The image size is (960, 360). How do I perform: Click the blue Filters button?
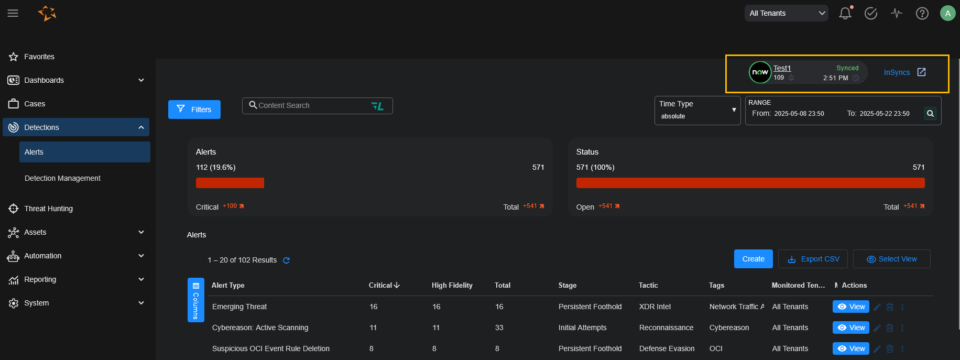click(194, 110)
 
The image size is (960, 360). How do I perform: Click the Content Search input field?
click(312, 105)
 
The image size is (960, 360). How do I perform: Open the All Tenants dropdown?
click(786, 13)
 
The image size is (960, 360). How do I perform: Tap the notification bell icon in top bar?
click(845, 13)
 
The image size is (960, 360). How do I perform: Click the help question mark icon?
click(922, 13)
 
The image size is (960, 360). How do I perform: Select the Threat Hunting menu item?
click(48, 209)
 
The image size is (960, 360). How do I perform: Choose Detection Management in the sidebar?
click(62, 178)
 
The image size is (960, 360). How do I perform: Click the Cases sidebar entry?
click(35, 104)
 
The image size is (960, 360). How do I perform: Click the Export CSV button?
click(814, 259)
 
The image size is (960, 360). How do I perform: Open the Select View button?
click(891, 259)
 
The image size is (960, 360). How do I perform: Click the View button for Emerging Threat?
click(850, 307)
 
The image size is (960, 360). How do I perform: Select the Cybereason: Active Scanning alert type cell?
click(260, 328)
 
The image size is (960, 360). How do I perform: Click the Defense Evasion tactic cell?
click(667, 348)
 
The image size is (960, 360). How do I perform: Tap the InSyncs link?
click(897, 72)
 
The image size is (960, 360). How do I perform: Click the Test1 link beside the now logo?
click(782, 68)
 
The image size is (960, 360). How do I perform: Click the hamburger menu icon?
click(13, 13)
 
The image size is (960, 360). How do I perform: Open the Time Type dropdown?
click(697, 110)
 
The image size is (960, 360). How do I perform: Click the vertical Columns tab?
click(195, 300)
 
